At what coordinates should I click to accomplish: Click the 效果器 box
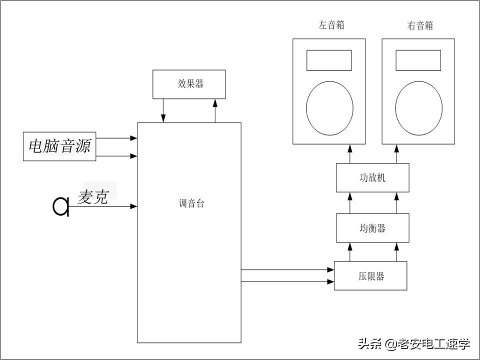188,84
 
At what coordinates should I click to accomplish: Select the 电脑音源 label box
59,146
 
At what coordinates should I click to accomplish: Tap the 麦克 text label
93,197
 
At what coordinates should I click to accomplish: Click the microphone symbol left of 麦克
61,206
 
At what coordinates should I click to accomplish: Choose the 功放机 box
373,178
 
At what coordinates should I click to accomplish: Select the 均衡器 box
373,228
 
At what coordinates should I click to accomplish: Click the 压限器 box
370,276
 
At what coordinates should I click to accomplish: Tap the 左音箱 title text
331,25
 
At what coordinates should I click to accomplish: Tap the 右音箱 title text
420,25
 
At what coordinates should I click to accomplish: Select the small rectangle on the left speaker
329,60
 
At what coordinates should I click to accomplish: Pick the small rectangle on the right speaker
418,60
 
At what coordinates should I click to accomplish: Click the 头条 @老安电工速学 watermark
413,343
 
